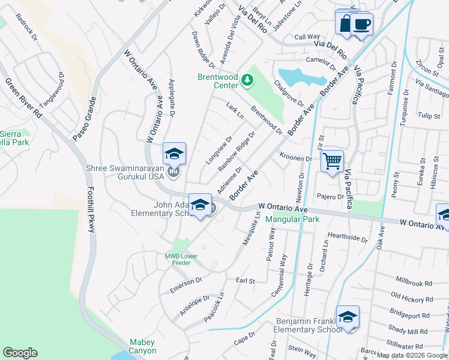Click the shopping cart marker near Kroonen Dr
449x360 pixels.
pyautogui.click(x=332, y=161)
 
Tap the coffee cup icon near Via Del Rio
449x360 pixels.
pyautogui.click(x=362, y=25)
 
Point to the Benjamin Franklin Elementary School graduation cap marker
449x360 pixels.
pyautogui.click(x=348, y=317)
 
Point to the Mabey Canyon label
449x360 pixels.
pyautogui.click(x=142, y=347)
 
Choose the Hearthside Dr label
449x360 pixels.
pyautogui.click(x=348, y=238)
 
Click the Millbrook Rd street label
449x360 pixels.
pyautogui.click(x=414, y=282)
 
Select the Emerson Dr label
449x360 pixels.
pyautogui.click(x=186, y=282)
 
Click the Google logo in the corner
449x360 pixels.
pyautogui.click(x=20, y=353)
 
